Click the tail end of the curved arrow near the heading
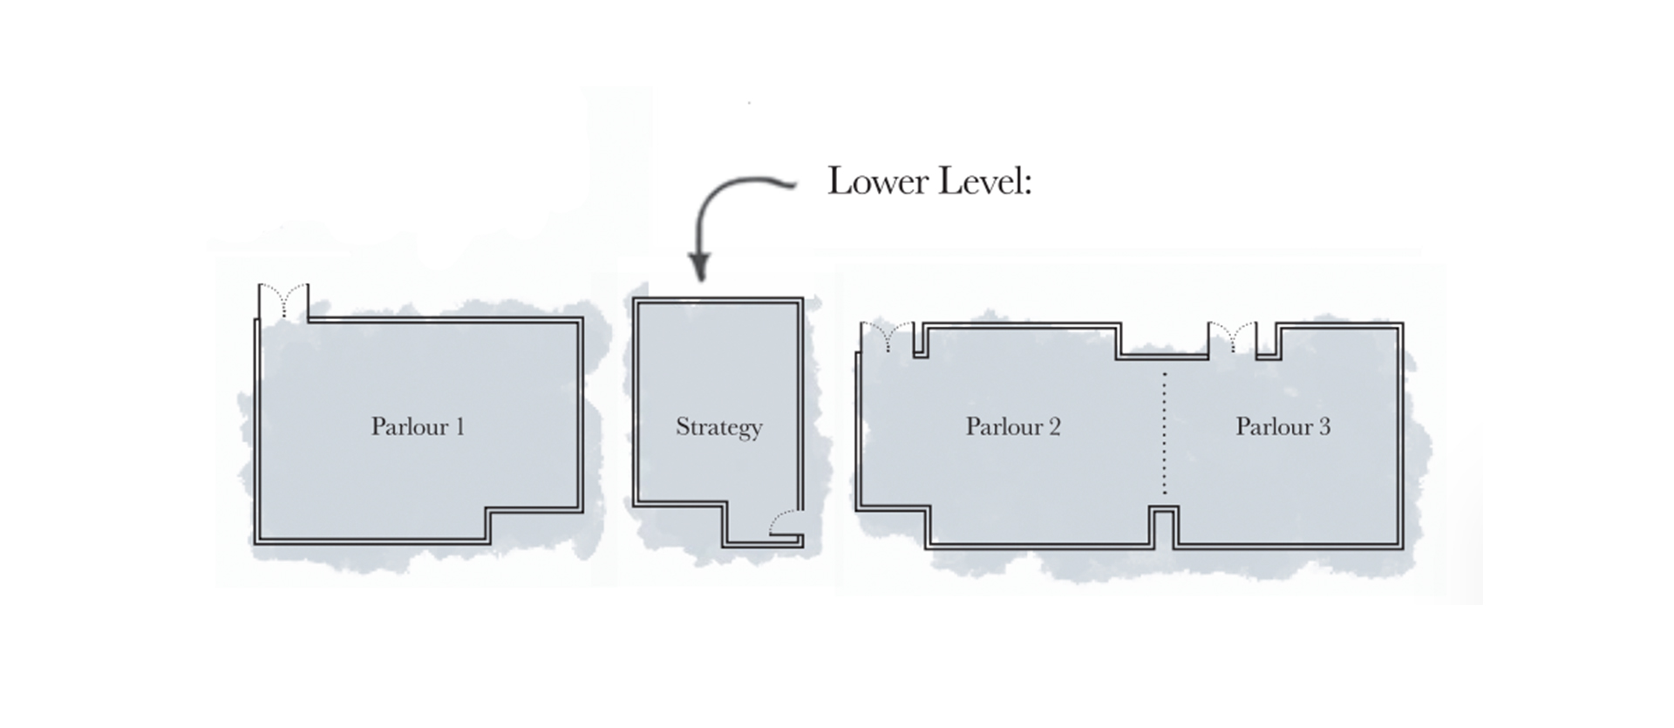[796, 184]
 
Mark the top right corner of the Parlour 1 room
[582, 319]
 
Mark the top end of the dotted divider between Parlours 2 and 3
[1165, 373]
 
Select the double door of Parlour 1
[283, 302]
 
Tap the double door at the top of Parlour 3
[1232, 337]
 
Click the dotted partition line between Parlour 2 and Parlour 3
[1165, 433]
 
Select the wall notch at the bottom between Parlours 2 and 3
[1164, 527]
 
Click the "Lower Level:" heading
[929, 181]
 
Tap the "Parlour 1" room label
[418, 426]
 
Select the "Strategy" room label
[719, 427]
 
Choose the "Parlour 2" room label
[1013, 426]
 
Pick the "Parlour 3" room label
[1283, 426]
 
